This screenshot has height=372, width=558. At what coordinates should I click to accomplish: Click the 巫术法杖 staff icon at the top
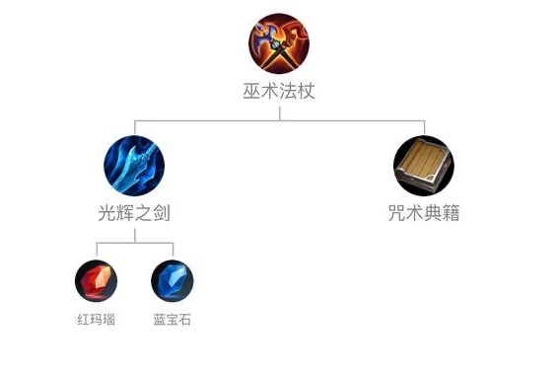tap(279, 41)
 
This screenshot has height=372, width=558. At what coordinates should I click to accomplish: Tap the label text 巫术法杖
tap(279, 92)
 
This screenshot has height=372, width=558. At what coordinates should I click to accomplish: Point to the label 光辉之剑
tap(134, 213)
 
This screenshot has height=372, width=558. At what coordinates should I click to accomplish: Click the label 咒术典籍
tap(424, 213)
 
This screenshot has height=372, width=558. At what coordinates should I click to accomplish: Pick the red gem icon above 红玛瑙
tap(96, 281)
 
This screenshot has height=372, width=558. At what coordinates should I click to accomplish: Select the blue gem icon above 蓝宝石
tap(173, 281)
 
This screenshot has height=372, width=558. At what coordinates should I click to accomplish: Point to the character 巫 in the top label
tap(252, 92)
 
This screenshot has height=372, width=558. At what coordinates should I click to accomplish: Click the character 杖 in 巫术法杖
tap(306, 92)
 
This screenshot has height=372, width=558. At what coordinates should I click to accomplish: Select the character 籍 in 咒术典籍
tap(451, 213)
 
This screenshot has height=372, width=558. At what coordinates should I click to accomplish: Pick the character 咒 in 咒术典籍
tap(397, 213)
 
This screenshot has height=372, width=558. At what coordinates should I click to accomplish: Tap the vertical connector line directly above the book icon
tap(424, 127)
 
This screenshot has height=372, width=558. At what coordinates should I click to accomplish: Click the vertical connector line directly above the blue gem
tap(173, 250)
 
